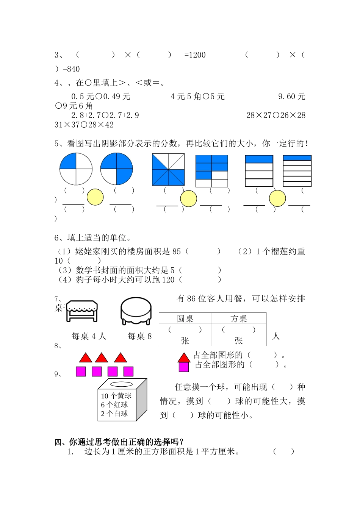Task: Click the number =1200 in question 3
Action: click(195, 55)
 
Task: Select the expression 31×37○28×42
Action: click(84, 125)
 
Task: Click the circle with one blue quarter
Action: click(76, 169)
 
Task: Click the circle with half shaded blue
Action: click(117, 169)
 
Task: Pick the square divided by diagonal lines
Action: click(168, 170)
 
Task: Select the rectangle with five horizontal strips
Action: click(259, 171)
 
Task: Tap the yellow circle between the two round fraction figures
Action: click(95, 197)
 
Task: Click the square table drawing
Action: click(82, 311)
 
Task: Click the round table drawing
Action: click(136, 311)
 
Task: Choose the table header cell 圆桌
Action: click(185, 319)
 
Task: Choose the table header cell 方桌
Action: click(239, 319)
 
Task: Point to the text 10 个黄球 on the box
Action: click(116, 396)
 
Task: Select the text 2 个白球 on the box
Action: click(114, 414)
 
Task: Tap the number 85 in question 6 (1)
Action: click(176, 251)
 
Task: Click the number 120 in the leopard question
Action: click(168, 280)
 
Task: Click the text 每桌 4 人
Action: click(89, 336)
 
